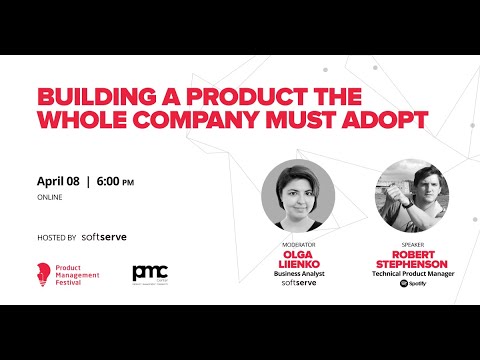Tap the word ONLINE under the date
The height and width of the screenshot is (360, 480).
click(x=50, y=198)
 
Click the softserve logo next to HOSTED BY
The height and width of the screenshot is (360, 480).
click(x=104, y=237)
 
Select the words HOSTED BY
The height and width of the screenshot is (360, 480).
click(x=57, y=238)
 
